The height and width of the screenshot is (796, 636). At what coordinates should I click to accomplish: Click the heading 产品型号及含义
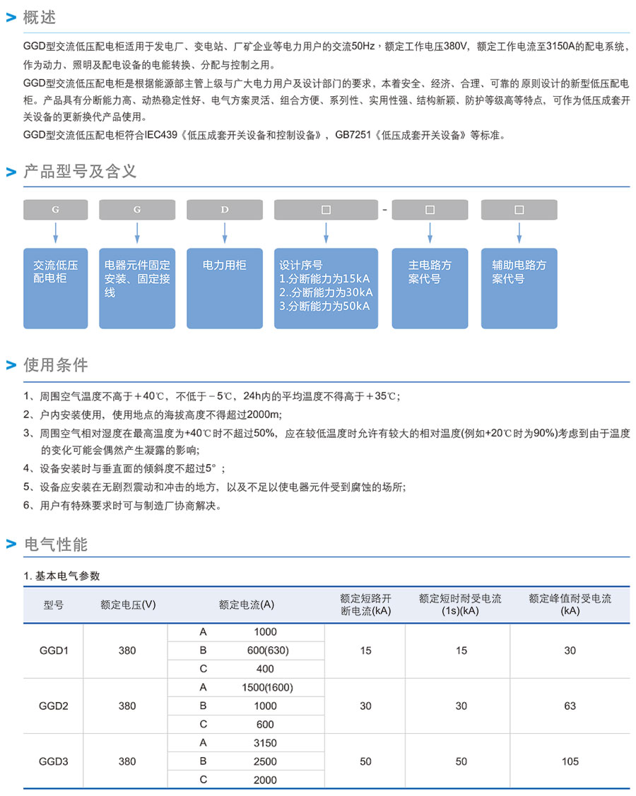click(x=80, y=171)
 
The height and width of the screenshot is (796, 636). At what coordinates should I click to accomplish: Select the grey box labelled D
click(x=225, y=210)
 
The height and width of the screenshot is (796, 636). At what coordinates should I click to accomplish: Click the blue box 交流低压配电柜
click(x=56, y=287)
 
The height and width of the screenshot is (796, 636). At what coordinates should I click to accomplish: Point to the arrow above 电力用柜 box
click(x=225, y=232)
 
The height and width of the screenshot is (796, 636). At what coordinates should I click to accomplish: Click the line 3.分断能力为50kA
click(x=324, y=306)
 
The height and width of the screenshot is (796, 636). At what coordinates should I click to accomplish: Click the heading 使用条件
click(x=56, y=365)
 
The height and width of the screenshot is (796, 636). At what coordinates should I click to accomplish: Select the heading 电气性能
click(x=56, y=545)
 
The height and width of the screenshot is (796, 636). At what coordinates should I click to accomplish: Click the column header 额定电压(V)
click(x=128, y=605)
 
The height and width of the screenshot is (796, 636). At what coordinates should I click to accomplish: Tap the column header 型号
click(x=54, y=605)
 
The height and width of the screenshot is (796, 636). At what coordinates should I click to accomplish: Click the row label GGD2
click(x=54, y=706)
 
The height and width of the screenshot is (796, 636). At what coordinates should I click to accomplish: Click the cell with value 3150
click(x=265, y=743)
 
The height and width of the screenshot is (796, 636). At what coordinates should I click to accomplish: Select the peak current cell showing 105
click(x=570, y=761)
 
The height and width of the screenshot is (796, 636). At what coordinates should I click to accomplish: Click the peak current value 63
click(x=570, y=706)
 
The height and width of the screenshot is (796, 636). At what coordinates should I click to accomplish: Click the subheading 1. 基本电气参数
click(x=62, y=576)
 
